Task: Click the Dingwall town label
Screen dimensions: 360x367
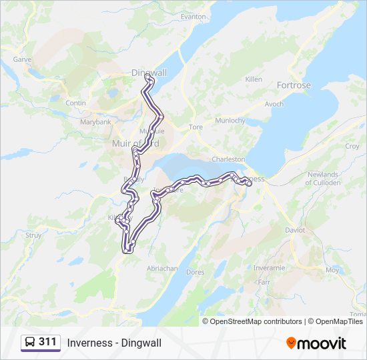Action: coord(149,72)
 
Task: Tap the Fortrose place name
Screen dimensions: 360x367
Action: coord(294,85)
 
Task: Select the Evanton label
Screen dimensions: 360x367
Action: coord(194,17)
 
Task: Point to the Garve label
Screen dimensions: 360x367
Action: coord(23,59)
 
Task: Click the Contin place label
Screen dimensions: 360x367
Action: coord(76,103)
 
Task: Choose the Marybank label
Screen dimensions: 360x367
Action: coord(95,123)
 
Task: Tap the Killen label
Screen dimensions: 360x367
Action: coord(254,79)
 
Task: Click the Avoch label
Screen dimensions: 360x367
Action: coord(274,104)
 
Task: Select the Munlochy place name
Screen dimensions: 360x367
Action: coord(230,121)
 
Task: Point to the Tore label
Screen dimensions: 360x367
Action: coord(196,127)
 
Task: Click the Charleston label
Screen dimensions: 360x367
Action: coord(228,160)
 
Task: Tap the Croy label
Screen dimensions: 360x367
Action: coord(352,146)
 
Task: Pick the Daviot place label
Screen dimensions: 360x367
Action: coord(294,230)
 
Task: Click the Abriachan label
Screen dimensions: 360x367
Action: coord(162,268)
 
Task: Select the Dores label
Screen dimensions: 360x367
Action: coord(196,272)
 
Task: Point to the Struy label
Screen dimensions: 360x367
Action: coord(33,235)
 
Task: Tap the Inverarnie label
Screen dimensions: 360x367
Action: coord(270,268)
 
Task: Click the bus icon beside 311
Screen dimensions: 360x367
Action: coord(30,343)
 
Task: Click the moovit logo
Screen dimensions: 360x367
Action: coord(316,343)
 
